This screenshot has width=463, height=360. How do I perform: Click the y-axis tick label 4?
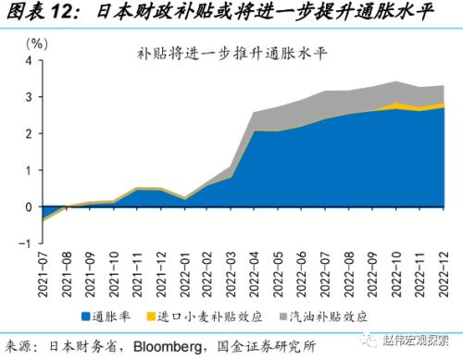(x=29, y=61)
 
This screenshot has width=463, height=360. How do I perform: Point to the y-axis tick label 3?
(x=29, y=97)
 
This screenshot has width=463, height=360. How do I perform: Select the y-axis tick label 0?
(x=29, y=207)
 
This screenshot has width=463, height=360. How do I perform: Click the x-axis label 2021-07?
(x=43, y=275)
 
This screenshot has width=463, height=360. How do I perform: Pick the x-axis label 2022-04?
(x=255, y=275)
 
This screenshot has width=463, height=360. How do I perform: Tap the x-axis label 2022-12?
(x=444, y=275)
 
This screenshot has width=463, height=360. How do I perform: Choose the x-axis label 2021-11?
(x=137, y=275)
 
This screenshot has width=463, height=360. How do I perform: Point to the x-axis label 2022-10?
(x=396, y=275)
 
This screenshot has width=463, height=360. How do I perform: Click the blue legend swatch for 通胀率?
(x=85, y=317)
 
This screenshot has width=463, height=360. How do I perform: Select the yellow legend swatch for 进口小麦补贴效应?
(x=151, y=317)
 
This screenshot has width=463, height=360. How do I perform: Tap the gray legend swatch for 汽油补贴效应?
(x=283, y=317)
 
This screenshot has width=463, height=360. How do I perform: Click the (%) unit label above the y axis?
(x=37, y=44)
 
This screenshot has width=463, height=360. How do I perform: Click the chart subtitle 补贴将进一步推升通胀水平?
(x=231, y=54)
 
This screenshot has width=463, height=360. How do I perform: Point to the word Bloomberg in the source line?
(x=168, y=346)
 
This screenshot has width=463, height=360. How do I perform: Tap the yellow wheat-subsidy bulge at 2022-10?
(x=396, y=106)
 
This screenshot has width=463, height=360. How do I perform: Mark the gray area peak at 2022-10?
(x=396, y=82)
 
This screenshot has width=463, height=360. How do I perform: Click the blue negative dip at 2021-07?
(x=46, y=212)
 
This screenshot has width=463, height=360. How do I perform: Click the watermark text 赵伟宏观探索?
(x=416, y=341)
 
